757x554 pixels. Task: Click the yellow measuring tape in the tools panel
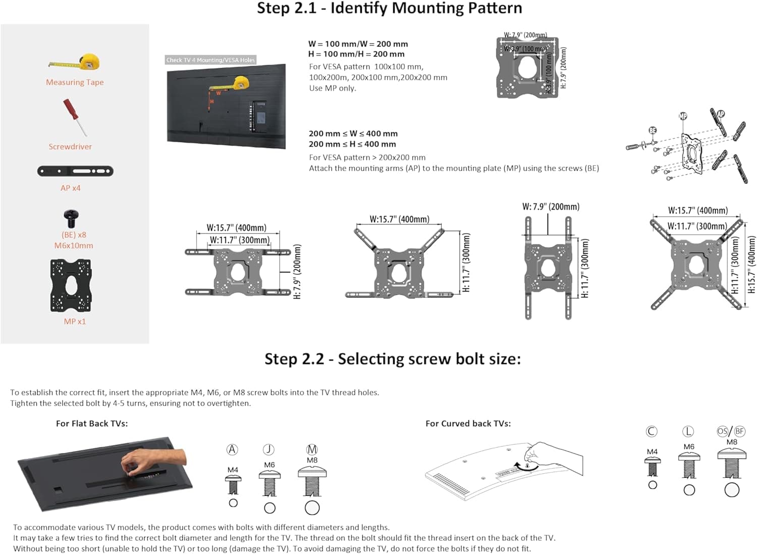(x=76, y=62)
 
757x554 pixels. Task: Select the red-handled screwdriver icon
(x=74, y=117)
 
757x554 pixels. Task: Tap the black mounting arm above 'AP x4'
(x=75, y=171)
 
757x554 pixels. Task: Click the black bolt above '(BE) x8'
(x=71, y=219)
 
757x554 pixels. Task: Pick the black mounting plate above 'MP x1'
(x=71, y=285)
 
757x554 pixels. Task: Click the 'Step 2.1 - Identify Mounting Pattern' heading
(x=389, y=9)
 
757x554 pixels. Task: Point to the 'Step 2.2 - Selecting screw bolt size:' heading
(x=392, y=359)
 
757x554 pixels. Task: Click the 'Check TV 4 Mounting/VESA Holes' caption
(x=210, y=60)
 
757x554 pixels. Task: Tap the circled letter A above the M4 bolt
(x=232, y=449)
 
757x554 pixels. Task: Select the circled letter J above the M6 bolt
(x=269, y=449)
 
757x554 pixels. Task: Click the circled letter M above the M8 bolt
(x=312, y=449)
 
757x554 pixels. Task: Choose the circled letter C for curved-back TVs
(x=652, y=431)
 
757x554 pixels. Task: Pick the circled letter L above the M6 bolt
(x=688, y=431)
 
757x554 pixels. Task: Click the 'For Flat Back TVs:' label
(x=92, y=424)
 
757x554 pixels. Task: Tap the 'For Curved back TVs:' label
(x=468, y=424)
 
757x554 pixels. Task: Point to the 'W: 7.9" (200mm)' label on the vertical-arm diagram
(x=551, y=207)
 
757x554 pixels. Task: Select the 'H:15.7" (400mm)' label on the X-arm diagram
(x=751, y=265)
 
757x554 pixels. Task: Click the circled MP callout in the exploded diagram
(x=683, y=116)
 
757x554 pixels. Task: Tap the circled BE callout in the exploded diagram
(x=653, y=130)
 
